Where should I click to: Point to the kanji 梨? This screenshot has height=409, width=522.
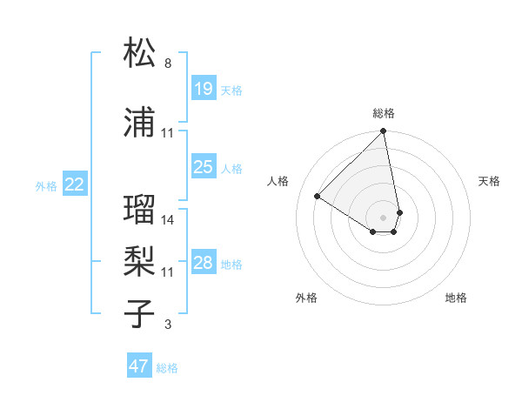point(140,258)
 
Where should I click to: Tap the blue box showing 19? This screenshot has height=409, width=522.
point(203,89)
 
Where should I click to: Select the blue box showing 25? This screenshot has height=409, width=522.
point(203,167)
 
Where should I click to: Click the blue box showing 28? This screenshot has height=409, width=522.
point(203,263)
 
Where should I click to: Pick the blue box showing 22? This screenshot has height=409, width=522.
point(75,184)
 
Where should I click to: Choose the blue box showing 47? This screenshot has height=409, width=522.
point(139,366)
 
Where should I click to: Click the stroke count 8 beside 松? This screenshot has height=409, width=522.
point(168,64)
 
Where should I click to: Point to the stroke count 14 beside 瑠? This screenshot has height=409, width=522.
point(168,220)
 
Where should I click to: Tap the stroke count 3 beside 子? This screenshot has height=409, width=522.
point(168,325)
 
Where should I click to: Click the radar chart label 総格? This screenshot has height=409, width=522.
point(384,113)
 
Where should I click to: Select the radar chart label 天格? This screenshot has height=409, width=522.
point(490,181)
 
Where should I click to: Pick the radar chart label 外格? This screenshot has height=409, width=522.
point(306,298)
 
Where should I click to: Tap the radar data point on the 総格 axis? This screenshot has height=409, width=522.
point(384,131)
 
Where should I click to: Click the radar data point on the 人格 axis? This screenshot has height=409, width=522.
point(318,196)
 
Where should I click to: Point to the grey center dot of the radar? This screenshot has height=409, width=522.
point(384,217)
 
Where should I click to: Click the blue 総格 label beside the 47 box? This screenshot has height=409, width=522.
point(167,368)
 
